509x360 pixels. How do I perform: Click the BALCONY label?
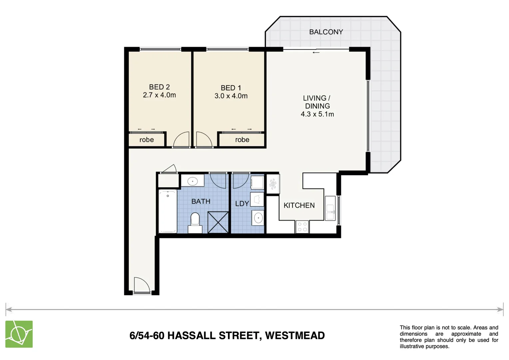click(326, 32)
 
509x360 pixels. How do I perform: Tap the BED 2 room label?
click(159, 87)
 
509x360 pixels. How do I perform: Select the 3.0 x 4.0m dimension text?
click(231, 96)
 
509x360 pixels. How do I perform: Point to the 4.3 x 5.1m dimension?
click(317, 114)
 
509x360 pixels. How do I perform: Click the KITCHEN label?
click(299, 205)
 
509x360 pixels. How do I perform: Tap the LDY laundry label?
click(242, 204)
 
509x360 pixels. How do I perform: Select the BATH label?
click(201, 201)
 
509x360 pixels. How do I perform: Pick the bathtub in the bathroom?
click(168, 211)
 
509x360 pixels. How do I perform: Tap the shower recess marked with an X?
click(218, 222)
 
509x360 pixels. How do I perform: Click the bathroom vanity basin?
click(192, 181)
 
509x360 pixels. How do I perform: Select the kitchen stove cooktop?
click(302, 227)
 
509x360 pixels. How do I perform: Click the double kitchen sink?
click(330, 208)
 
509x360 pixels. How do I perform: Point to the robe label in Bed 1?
click(242, 140)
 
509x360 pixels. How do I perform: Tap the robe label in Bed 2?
click(147, 140)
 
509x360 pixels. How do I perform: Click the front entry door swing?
click(141, 285)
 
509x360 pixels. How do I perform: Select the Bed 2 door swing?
click(182, 140)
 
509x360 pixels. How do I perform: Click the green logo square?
click(19, 334)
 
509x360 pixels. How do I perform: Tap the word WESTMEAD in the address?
click(295, 335)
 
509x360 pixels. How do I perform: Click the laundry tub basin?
click(258, 218)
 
